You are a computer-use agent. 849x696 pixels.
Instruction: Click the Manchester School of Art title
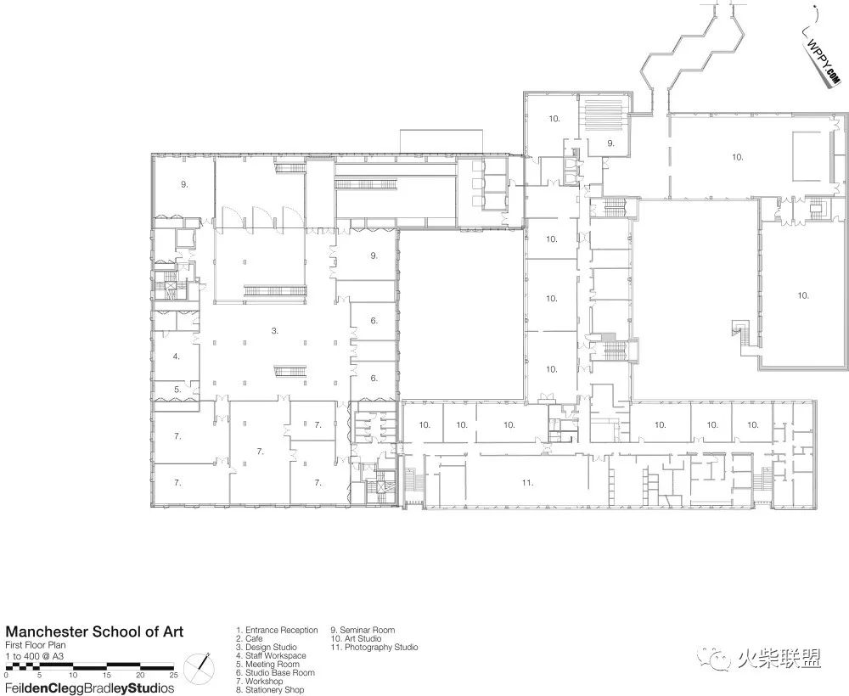[x=94, y=631]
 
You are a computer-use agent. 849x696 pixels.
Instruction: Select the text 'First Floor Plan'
[x=35, y=645]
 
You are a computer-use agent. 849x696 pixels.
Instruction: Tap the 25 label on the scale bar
[x=173, y=675]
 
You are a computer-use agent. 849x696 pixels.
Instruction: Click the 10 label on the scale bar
[x=72, y=675]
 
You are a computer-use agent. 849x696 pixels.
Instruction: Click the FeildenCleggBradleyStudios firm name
[x=90, y=688]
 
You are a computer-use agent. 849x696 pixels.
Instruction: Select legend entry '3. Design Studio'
[x=267, y=647]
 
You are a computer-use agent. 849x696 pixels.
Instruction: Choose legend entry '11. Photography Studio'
[x=374, y=647]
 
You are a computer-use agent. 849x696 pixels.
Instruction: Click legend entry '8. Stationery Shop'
[x=270, y=690]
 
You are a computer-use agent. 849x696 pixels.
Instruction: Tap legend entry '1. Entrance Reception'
[x=277, y=630]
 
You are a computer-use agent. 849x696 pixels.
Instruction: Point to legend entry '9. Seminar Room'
[x=363, y=630]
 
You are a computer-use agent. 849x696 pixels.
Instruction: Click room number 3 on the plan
[x=275, y=331]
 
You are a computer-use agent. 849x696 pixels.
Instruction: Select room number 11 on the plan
[x=527, y=482]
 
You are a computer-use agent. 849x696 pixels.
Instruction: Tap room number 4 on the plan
[x=177, y=356]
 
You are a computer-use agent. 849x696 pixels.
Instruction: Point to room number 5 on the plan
[x=177, y=389]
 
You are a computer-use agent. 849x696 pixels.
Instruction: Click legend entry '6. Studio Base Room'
[x=275, y=673]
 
